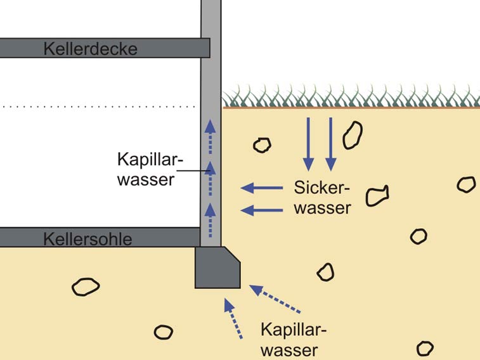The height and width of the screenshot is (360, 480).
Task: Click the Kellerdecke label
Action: click(90, 49)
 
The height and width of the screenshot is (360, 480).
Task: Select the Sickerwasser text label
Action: click(322, 197)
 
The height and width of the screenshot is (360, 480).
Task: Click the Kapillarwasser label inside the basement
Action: click(145, 169)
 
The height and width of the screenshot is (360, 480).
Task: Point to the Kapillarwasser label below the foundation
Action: click(293, 340)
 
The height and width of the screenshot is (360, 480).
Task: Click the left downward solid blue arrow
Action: click(308, 144)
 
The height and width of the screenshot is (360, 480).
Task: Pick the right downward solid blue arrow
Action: click(330, 144)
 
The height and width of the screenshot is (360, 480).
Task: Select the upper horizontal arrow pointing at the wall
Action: click(263, 188)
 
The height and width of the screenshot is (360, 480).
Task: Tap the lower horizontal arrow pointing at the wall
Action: click(263, 210)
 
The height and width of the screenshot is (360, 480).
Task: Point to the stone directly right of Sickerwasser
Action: click(377, 195)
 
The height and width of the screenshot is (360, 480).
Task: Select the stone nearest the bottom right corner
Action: click(424, 348)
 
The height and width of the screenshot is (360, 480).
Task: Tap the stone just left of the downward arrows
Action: click(262, 145)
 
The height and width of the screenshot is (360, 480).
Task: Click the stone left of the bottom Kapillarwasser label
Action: click(163, 332)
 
